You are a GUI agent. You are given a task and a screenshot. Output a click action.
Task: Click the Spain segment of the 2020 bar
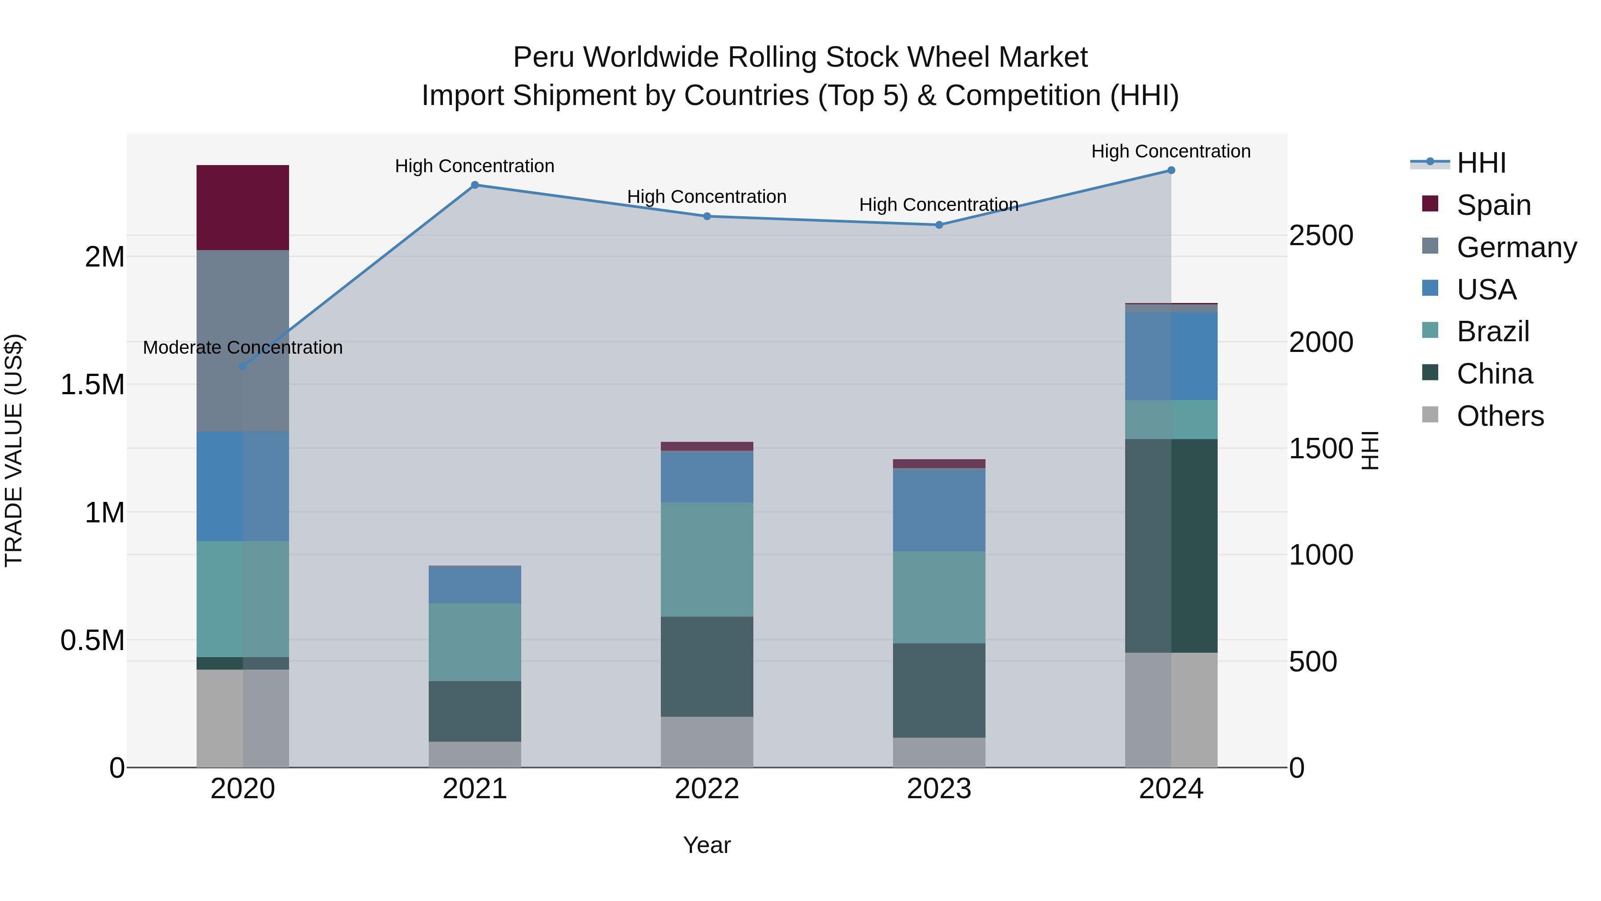[x=242, y=208]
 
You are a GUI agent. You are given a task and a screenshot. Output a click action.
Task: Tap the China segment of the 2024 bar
[x=1171, y=545]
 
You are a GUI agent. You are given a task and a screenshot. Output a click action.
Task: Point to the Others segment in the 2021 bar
[x=475, y=754]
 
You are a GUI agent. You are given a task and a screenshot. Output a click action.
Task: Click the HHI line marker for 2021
[x=475, y=185]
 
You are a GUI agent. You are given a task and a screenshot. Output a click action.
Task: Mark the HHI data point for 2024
[x=1171, y=170]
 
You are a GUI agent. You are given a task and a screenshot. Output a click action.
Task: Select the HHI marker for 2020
[x=243, y=366]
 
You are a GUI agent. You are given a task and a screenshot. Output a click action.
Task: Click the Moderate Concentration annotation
[x=242, y=347]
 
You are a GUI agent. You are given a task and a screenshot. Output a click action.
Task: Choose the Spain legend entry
[x=1493, y=205]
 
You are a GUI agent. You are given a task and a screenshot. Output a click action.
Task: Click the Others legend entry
[x=1500, y=416]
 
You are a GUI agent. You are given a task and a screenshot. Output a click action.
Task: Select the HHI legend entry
[x=1481, y=163]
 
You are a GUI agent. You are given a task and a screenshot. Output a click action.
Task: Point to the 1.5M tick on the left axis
[x=93, y=385]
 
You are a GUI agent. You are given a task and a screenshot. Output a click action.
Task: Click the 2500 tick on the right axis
[x=1321, y=236]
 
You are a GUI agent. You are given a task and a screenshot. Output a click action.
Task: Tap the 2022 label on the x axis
[x=707, y=789]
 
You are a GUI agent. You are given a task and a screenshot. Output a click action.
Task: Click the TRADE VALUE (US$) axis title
[x=14, y=450]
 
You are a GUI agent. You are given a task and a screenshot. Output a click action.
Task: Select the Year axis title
[x=707, y=845]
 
